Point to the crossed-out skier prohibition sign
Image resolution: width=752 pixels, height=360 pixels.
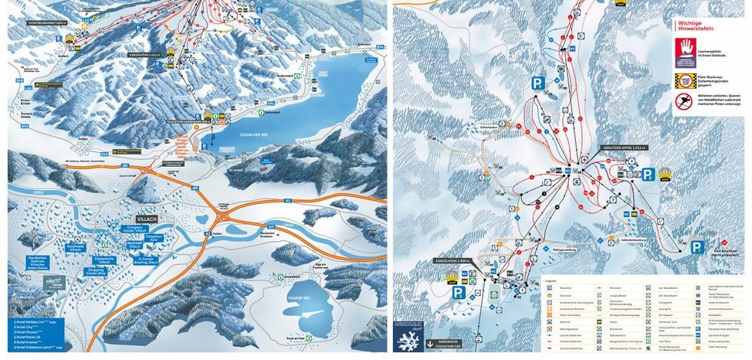pyautogui.click(x=684, y=100)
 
